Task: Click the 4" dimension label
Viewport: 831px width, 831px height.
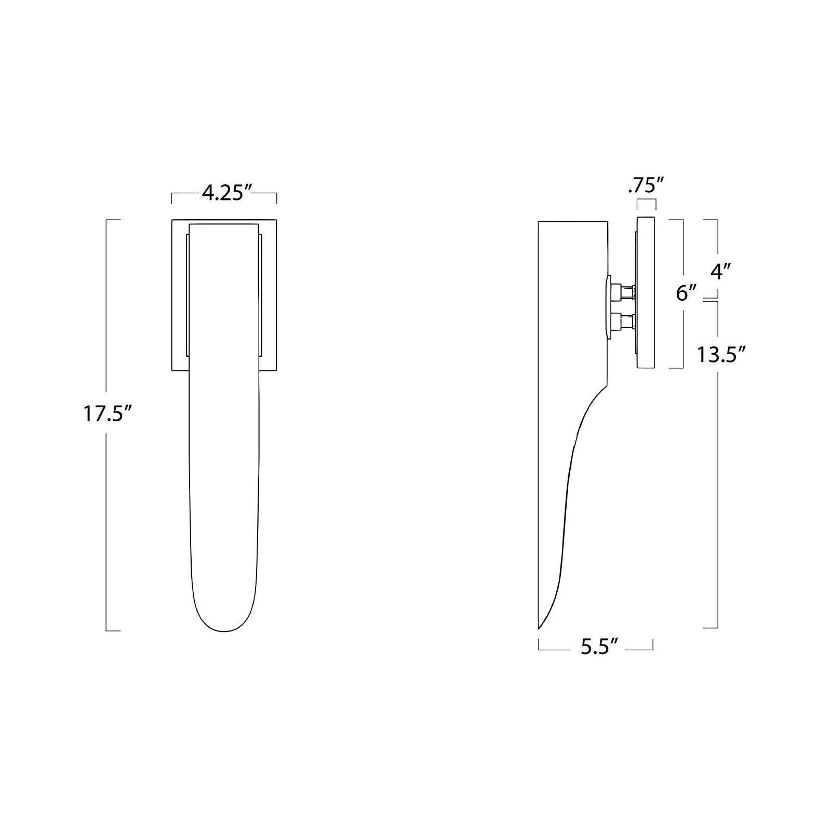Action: (x=721, y=271)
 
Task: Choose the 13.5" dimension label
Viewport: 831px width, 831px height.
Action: (x=721, y=355)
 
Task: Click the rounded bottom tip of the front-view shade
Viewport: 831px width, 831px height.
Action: (x=224, y=631)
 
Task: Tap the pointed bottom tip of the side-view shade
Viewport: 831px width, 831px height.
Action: (x=539, y=628)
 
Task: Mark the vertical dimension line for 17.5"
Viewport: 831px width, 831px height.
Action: (x=106, y=519)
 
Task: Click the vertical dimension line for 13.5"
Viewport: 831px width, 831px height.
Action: (x=718, y=493)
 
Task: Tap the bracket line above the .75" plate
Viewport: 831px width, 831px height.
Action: (x=646, y=200)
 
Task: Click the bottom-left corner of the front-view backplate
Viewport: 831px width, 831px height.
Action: (x=172, y=371)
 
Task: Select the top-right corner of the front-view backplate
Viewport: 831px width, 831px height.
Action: (x=276, y=220)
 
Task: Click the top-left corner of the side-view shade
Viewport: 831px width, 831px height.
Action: (x=539, y=222)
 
